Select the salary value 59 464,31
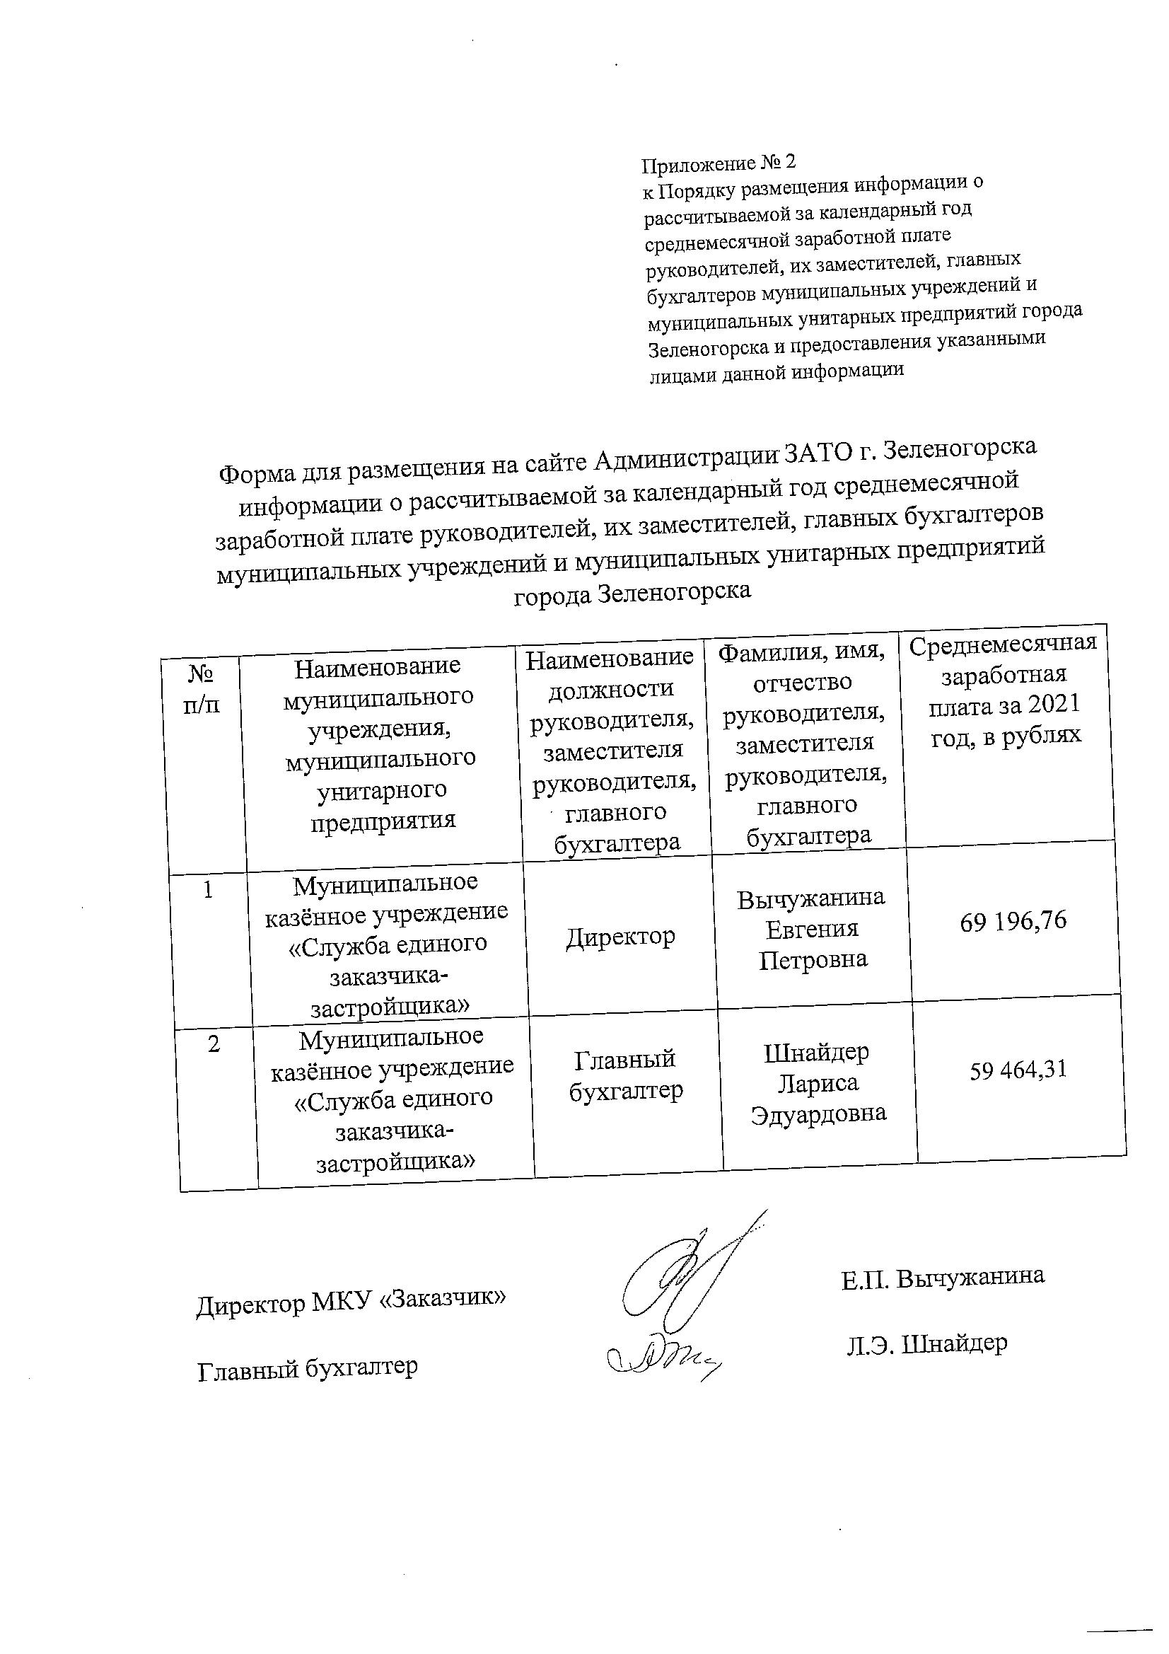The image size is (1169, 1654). coord(1018,1070)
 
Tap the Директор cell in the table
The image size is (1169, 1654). coord(620,937)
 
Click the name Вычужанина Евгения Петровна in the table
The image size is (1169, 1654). coord(812,928)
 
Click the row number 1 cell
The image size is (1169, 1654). coord(207,891)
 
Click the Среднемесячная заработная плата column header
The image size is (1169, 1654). coord(1004,690)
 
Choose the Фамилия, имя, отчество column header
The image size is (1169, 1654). coord(804,744)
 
